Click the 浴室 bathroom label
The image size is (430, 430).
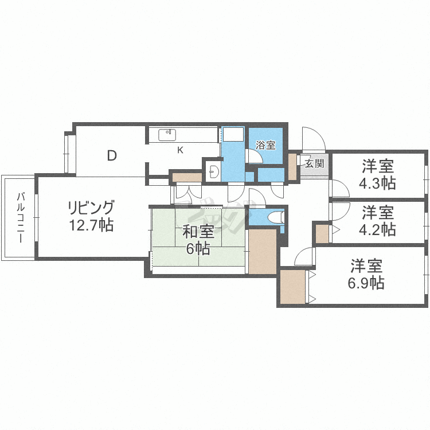[265, 145]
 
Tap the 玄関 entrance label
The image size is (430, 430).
[315, 164]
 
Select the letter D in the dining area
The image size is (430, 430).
[112, 156]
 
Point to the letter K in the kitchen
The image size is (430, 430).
[180, 150]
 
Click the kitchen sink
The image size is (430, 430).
[167, 135]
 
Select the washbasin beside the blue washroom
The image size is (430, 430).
[213, 172]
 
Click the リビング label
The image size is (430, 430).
[91, 208]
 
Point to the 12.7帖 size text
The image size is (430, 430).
[91, 225]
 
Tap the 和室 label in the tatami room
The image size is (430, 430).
[198, 232]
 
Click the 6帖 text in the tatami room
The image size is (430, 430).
[198, 249]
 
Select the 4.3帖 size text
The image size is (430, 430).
[378, 183]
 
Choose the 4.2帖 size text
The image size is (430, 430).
[378, 229]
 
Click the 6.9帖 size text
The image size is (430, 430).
[366, 283]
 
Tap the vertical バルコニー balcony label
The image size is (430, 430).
[21, 217]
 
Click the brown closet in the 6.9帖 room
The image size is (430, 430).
[293, 287]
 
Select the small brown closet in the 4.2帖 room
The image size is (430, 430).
[322, 234]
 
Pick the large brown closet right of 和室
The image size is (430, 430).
[263, 252]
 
